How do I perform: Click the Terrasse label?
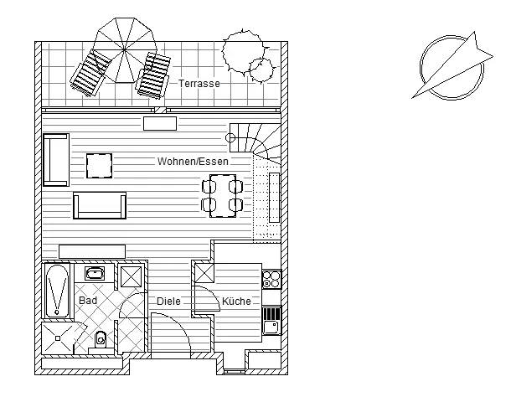click(199, 84)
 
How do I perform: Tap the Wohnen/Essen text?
click(192, 161)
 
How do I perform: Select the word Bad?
click(88, 300)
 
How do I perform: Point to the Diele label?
click(168, 302)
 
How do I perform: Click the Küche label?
click(236, 302)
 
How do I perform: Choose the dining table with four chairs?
click(222, 194)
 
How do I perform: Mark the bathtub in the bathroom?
click(57, 291)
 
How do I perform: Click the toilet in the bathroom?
click(101, 338)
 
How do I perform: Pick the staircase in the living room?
click(255, 142)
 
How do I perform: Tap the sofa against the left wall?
click(55, 159)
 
